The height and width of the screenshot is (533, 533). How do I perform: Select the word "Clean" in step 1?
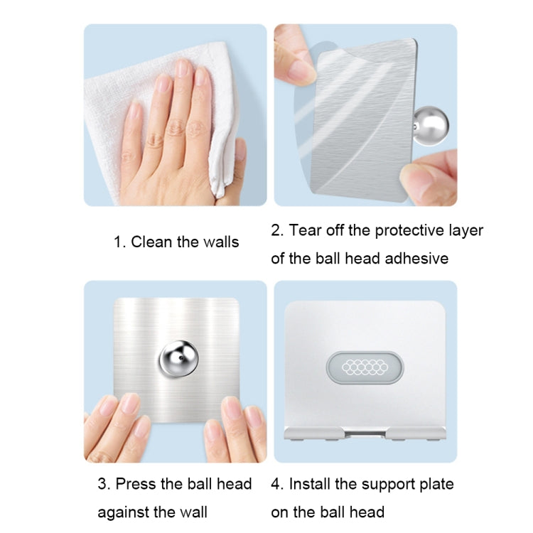pyautogui.click(x=152, y=242)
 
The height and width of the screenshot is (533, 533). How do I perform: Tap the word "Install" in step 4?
pyautogui.click(x=313, y=484)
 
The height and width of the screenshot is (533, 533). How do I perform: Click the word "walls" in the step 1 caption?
pyautogui.click(x=220, y=242)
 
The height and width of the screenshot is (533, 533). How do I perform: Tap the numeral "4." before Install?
pyautogui.click(x=277, y=484)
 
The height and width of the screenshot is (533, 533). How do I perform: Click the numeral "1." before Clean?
pyautogui.click(x=119, y=242)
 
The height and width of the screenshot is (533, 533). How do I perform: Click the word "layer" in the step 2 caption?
pyautogui.click(x=465, y=230)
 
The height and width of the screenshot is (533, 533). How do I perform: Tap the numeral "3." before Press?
pyautogui.click(x=104, y=484)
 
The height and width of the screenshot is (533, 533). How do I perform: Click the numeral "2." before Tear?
pyautogui.click(x=277, y=230)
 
